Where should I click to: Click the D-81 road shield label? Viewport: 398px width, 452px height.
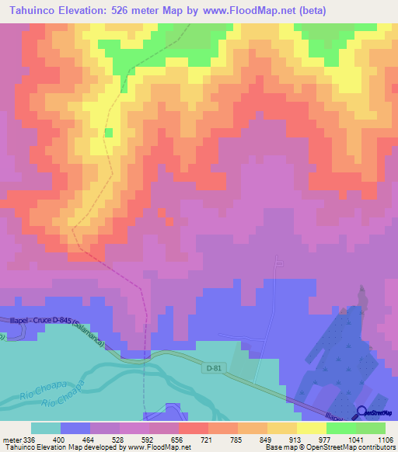[215, 368]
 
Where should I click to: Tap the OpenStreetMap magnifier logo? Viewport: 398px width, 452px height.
[361, 412]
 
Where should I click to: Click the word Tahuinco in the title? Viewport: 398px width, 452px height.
[33, 10]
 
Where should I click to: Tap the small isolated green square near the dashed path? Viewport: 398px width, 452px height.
[109, 133]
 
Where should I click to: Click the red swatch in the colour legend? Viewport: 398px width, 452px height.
[194, 428]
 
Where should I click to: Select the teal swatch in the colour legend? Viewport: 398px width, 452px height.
[46, 428]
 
